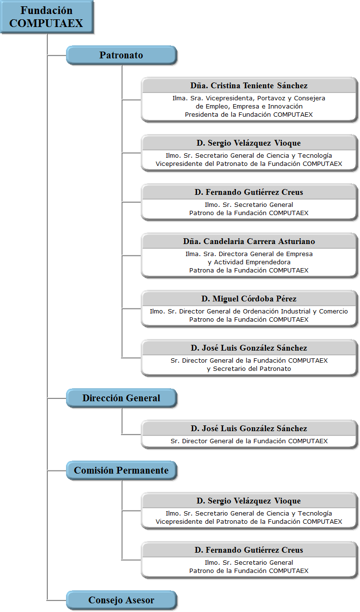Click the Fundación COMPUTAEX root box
(x=47, y=17)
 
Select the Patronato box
(x=121, y=55)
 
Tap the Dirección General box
(x=121, y=398)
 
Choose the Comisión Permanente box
(x=121, y=471)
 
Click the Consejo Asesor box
(x=121, y=600)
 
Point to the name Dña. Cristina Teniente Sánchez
(x=249, y=85)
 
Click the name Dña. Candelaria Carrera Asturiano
(x=249, y=241)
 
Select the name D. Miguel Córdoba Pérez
(x=249, y=299)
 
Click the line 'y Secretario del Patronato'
(x=249, y=369)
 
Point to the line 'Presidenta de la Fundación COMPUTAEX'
(x=249, y=115)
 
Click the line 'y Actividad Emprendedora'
(x=249, y=262)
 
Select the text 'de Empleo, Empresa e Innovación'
(x=249, y=107)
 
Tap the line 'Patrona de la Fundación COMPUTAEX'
(x=249, y=271)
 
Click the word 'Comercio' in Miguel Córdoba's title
(x=333, y=312)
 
